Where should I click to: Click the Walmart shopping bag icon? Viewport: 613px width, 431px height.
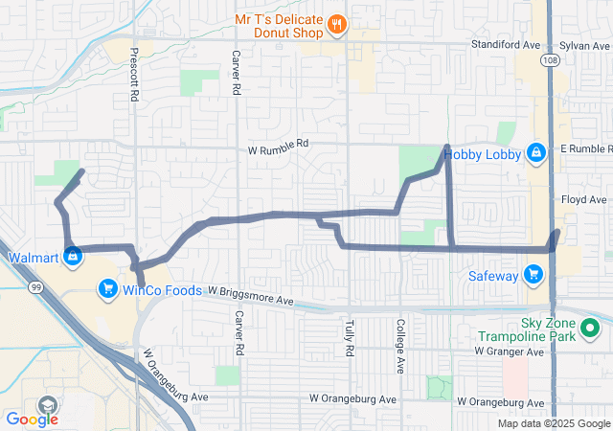click(73, 257)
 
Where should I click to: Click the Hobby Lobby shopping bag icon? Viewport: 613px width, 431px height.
click(536, 152)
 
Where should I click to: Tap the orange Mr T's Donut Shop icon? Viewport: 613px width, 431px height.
click(336, 26)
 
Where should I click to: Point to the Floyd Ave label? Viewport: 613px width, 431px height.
click(584, 199)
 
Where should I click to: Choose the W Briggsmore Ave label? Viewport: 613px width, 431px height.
click(249, 298)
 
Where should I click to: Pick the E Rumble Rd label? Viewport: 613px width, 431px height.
click(584, 148)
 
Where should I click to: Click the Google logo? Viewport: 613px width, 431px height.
click(32, 419)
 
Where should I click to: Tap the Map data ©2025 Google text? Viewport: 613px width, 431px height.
click(553, 424)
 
